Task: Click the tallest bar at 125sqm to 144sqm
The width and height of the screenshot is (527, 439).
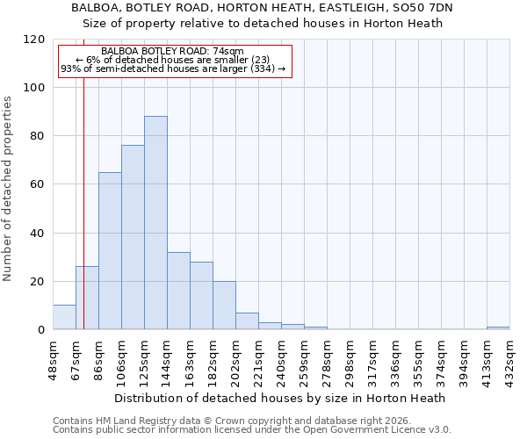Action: click(x=155, y=223)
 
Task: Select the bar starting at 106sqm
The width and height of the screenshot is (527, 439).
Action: click(x=133, y=237)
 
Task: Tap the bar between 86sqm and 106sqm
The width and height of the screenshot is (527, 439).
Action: click(x=110, y=251)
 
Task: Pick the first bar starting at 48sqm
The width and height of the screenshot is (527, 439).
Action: click(x=64, y=318)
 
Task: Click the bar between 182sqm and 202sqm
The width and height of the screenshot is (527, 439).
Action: click(x=224, y=306)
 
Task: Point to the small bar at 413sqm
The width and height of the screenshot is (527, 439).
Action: click(x=498, y=328)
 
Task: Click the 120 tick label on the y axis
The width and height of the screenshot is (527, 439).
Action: click(x=34, y=40)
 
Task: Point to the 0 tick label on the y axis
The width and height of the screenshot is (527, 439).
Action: click(x=41, y=330)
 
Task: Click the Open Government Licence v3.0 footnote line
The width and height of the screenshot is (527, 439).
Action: click(x=252, y=430)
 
